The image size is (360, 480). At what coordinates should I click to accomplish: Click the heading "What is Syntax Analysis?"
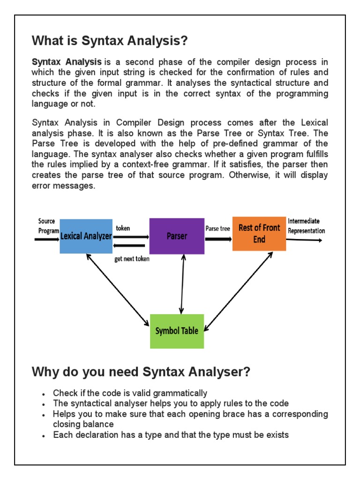tap(110, 41)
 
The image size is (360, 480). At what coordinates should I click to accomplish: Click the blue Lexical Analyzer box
tap(86, 236)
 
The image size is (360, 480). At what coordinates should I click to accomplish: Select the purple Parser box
tap(177, 236)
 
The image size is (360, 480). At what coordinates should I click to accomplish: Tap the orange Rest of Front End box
tap(259, 233)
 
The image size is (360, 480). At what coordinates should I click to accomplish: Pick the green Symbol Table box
tap(177, 331)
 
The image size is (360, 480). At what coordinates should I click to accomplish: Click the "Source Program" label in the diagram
tap(48, 225)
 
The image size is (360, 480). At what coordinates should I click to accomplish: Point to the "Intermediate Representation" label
tap(306, 225)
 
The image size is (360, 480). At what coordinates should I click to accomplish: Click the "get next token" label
tap(132, 259)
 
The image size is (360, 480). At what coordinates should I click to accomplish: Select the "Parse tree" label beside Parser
tap(218, 228)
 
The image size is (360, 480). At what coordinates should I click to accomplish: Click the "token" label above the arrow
tap(123, 228)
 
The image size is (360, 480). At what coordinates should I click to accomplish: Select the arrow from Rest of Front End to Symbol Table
tap(239, 290)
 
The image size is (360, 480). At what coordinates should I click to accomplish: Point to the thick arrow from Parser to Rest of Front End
tap(218, 239)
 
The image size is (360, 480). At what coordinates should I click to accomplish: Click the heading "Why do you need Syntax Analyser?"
tap(141, 373)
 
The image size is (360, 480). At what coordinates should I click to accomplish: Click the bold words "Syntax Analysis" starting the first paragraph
tap(67, 62)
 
